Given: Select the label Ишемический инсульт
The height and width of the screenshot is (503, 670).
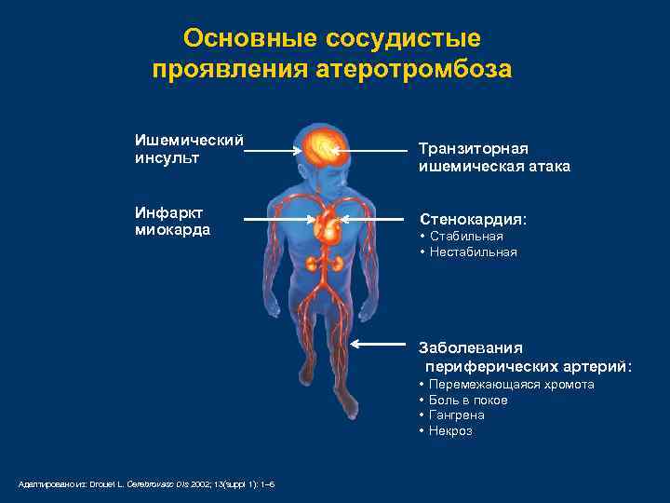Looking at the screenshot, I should point(189,148).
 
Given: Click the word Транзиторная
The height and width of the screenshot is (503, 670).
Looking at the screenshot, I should point(474,149).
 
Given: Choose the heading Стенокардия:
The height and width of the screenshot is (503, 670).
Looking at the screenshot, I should point(473,220).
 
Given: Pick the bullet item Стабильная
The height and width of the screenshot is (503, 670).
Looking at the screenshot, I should point(466,237).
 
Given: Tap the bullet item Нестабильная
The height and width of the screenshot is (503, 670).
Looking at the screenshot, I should point(473,252).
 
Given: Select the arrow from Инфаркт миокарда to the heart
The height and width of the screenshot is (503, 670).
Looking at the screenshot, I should point(276,219).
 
